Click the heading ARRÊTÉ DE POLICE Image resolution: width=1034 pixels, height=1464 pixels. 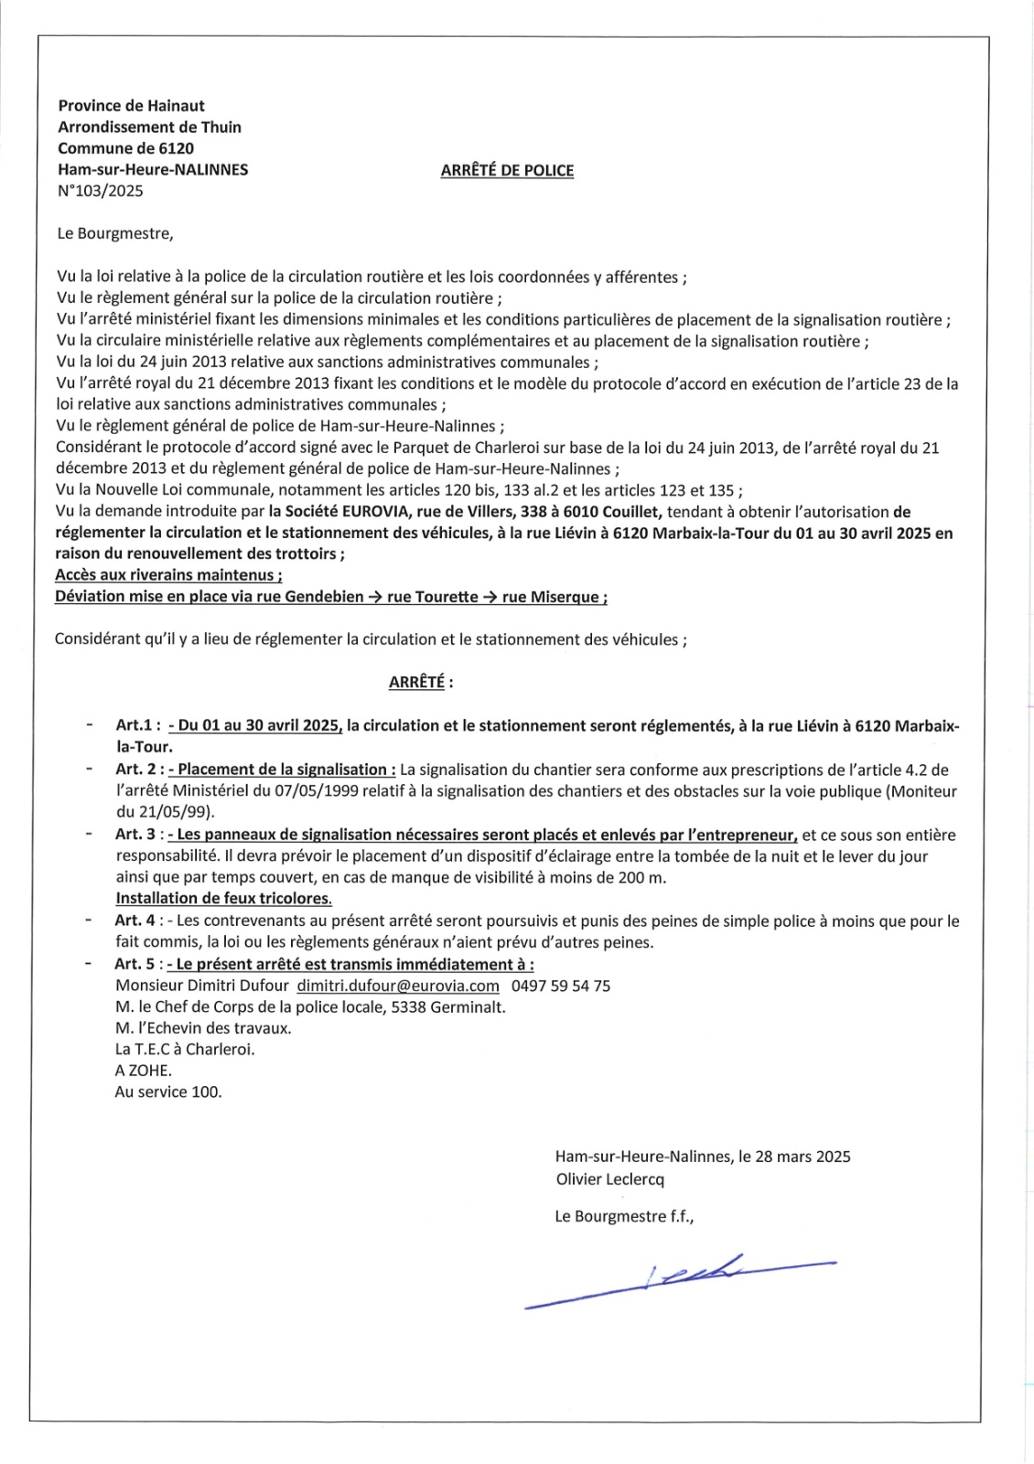pyautogui.click(x=507, y=170)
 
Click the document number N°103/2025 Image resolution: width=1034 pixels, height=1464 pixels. pyautogui.click(x=101, y=191)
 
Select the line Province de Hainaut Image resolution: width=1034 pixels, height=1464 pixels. pyautogui.click(x=132, y=106)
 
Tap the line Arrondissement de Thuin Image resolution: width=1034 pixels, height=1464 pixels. pyautogui.click(x=150, y=127)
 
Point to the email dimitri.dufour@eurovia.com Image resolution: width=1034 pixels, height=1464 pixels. pyautogui.click(x=398, y=985)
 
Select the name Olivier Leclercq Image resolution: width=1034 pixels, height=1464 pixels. pyautogui.click(x=610, y=1179)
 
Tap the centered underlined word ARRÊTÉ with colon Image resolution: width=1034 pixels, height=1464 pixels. pyautogui.click(x=421, y=682)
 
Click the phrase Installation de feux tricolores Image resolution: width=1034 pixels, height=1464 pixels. pyautogui.click(x=224, y=899)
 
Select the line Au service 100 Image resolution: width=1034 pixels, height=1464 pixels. pyautogui.click(x=168, y=1092)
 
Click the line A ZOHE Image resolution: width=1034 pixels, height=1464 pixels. pyautogui.click(x=143, y=1071)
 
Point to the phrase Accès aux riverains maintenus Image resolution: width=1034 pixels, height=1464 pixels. pyautogui.click(x=168, y=576)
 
